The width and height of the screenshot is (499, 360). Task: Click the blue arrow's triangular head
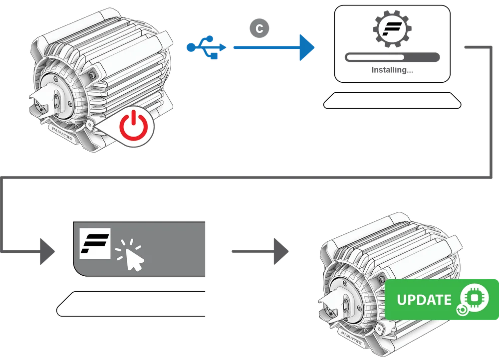(x=306, y=48)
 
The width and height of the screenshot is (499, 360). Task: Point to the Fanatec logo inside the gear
(x=392, y=28)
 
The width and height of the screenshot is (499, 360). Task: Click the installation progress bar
(x=392, y=58)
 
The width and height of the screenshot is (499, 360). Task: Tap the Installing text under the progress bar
(x=392, y=71)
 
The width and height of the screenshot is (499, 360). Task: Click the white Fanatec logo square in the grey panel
(x=95, y=244)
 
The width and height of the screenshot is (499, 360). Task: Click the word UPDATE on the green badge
(x=424, y=300)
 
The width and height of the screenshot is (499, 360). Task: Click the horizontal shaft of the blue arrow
(x=264, y=48)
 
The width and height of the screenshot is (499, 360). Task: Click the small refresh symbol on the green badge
(x=462, y=311)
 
